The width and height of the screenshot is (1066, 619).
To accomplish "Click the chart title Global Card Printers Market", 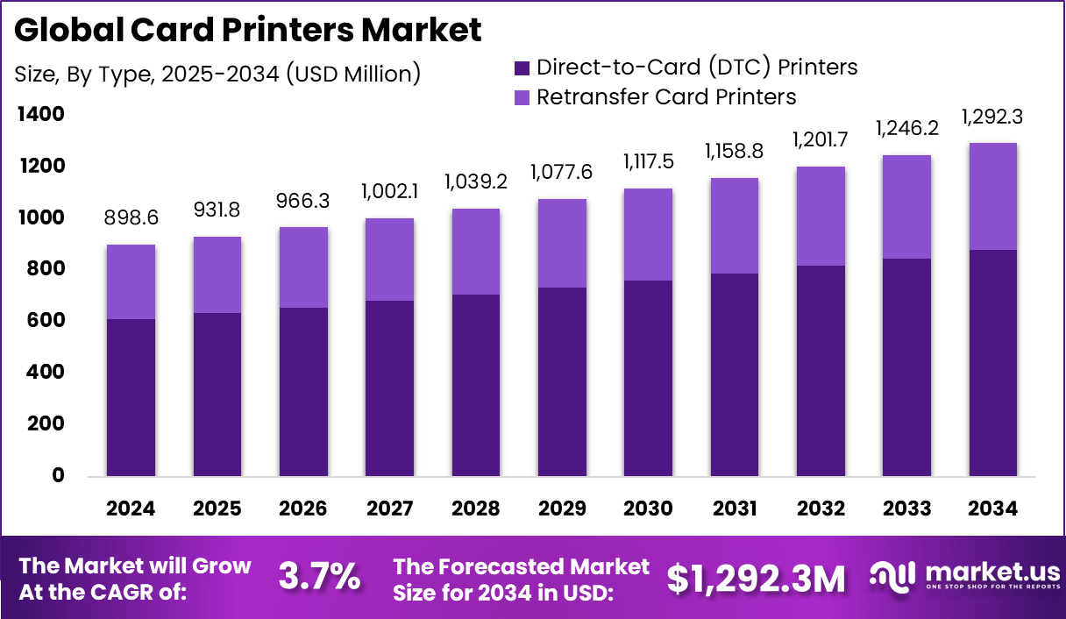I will (x=248, y=31).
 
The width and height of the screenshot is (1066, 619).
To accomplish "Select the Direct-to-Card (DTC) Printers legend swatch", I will (x=522, y=67).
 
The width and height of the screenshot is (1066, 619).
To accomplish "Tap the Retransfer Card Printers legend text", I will (x=666, y=96).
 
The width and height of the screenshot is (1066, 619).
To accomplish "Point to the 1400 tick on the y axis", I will (x=39, y=114).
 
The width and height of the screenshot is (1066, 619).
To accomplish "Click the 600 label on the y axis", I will (x=46, y=321).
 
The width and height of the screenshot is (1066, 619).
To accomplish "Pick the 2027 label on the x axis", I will (x=388, y=509).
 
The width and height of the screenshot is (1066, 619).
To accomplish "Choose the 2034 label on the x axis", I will (x=992, y=509).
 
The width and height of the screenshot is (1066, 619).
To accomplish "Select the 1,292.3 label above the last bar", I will (x=992, y=117).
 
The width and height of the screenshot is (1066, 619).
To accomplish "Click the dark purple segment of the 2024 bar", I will (x=131, y=397).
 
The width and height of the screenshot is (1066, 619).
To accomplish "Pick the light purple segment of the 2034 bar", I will (x=992, y=196).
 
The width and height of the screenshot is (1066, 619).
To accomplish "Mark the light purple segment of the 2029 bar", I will (x=562, y=243).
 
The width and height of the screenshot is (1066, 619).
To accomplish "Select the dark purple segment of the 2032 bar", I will (x=821, y=371).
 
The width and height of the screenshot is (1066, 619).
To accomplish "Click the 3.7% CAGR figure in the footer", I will (x=319, y=577).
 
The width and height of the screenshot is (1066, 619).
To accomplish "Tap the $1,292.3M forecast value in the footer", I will (x=757, y=578).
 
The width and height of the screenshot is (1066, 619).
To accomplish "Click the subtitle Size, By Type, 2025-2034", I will (x=217, y=75).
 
